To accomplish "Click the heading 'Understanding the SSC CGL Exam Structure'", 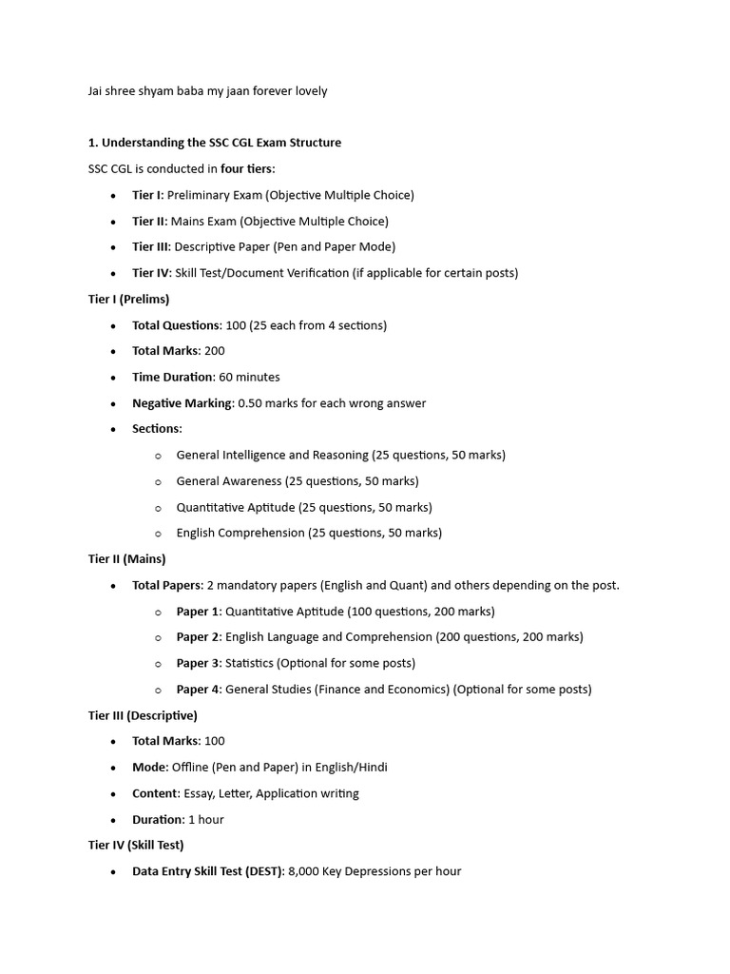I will [221, 143].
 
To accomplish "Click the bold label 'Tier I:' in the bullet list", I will [147, 195].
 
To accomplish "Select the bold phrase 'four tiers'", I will [246, 168].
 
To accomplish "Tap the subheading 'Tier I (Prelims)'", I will [129, 299].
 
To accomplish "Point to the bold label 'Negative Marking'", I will [182, 402].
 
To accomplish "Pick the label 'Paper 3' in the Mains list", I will [198, 663].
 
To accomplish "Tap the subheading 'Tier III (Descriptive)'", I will [143, 715].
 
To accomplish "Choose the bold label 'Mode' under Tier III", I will [149, 767].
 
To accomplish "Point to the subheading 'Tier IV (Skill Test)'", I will [136, 845].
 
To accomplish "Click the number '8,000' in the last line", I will [305, 870].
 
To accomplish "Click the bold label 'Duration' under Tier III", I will [158, 819].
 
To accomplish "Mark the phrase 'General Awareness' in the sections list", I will [229, 480].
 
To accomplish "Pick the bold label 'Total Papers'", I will [166, 585].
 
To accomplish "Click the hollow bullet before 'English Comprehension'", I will [158, 534].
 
